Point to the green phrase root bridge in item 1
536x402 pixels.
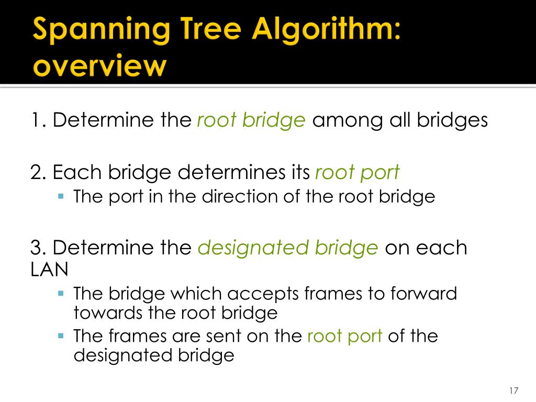(x=251, y=121)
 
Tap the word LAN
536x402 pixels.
(x=49, y=269)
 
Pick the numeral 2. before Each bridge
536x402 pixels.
(x=39, y=172)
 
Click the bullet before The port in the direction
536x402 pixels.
(x=61, y=197)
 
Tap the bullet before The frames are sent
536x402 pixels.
(x=61, y=336)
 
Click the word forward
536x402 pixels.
(x=424, y=294)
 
